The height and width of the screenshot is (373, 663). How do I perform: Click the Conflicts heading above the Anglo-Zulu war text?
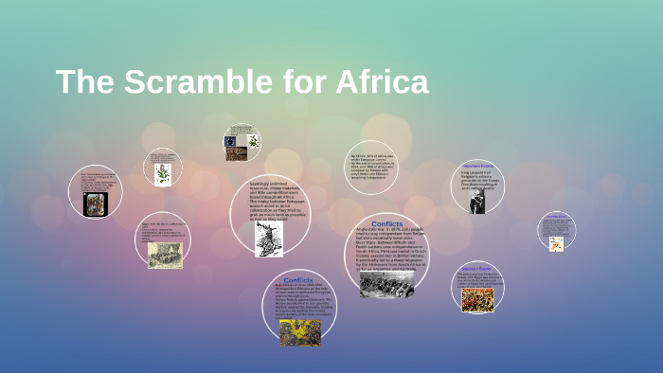386,224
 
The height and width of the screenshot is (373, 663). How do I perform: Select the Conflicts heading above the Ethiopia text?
298,280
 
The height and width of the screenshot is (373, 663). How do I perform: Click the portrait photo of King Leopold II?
478,199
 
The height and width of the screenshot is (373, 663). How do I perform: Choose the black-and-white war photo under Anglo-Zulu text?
385,283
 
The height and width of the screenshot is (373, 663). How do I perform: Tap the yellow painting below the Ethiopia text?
299,332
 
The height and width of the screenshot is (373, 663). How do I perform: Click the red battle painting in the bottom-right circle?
477,299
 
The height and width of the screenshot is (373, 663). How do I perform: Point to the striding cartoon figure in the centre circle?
269,238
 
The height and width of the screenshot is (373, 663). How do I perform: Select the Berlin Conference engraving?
165,255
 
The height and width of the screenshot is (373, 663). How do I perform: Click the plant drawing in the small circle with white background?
163,173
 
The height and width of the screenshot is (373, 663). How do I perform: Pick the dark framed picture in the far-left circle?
95,204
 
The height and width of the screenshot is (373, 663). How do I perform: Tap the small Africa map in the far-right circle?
557,243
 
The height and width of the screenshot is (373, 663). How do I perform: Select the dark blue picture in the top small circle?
231,142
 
